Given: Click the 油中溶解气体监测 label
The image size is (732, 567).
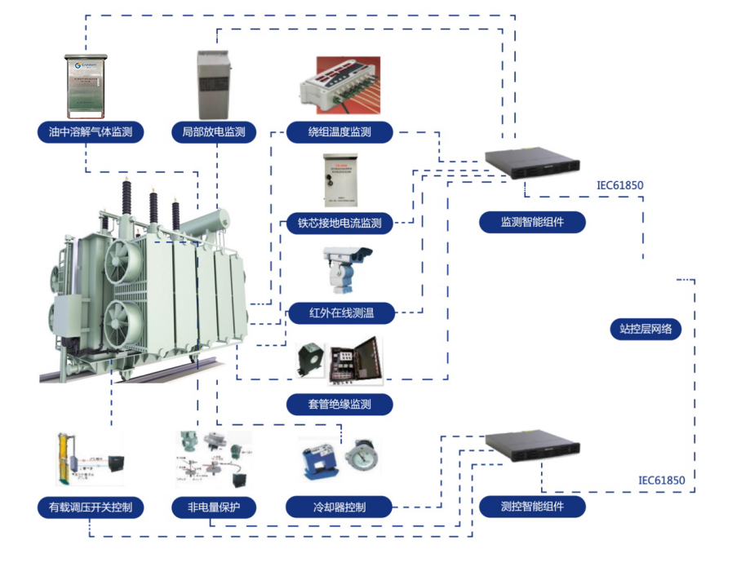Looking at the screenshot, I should point(91,131).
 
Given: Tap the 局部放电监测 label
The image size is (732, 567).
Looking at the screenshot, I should point(214,131).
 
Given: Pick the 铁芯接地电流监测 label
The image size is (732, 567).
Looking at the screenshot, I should point(339,222).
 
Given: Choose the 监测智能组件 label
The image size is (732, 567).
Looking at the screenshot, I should point(532,222).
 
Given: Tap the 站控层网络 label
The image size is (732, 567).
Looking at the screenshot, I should point(645,329).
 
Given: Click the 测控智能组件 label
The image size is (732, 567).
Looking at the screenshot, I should point(532,507).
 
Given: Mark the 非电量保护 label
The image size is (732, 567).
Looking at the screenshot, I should point(214,507).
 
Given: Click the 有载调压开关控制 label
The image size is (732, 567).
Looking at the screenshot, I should point(91,507).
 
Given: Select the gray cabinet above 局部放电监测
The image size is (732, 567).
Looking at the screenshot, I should point(215,85).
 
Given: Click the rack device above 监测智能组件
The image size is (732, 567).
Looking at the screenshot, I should point(531,162).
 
